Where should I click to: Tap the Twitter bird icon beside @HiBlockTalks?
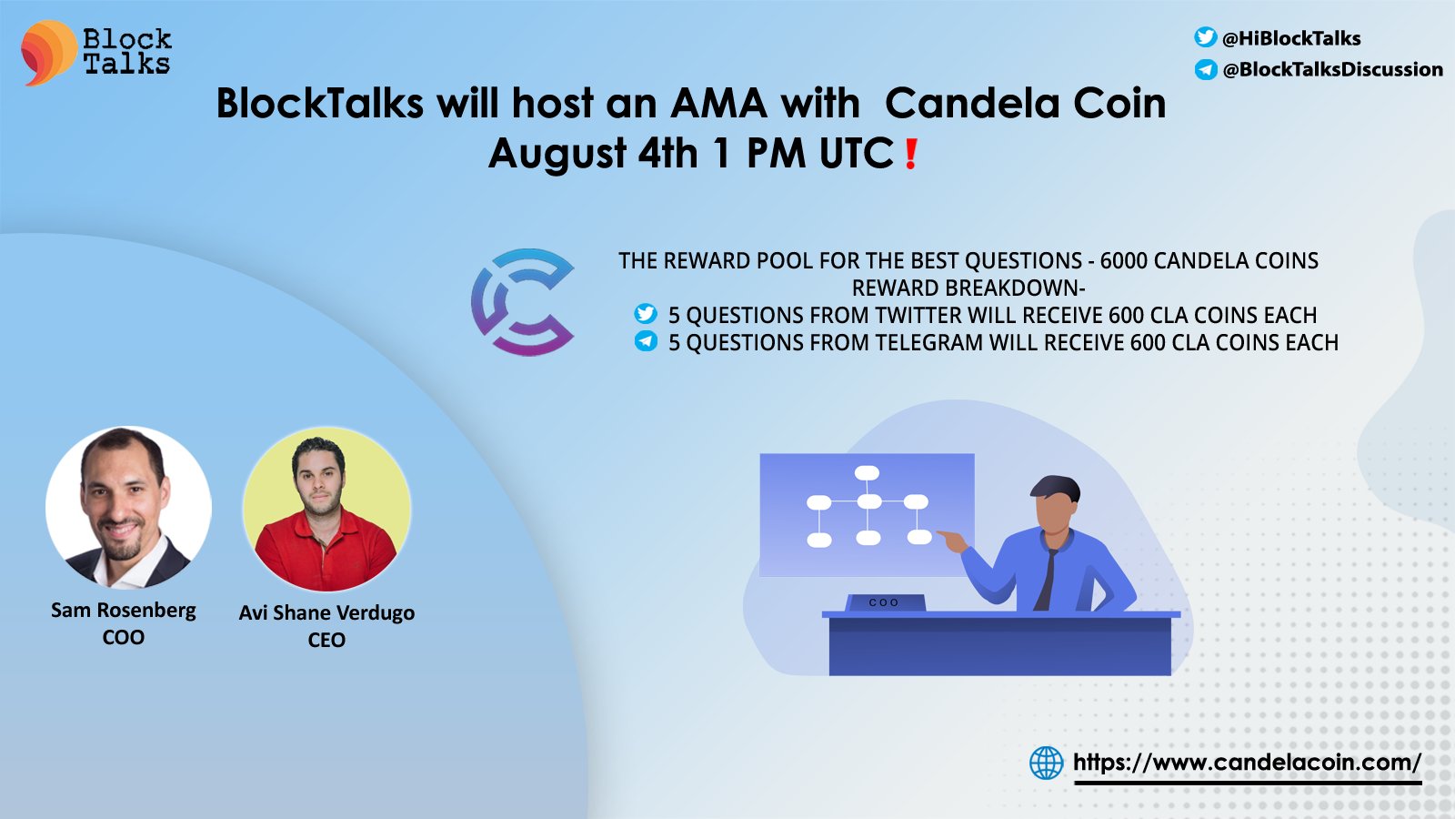point(1205,37)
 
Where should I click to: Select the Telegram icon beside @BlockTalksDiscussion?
point(1206,69)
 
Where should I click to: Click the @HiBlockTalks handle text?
point(1290,38)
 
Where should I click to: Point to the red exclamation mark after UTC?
point(910,154)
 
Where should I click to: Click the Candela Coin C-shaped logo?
point(523,301)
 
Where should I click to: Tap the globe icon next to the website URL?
point(1047,763)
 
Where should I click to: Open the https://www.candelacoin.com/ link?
point(1247,762)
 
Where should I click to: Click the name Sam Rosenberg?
point(124,611)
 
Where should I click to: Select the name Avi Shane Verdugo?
point(326,613)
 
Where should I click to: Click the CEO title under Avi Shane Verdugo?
point(326,641)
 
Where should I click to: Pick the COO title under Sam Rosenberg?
point(124,637)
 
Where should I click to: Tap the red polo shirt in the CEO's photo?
point(325,552)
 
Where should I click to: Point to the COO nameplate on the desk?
point(884,602)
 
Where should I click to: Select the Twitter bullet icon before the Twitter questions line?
point(646,313)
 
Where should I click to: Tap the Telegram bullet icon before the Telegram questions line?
point(646,340)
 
